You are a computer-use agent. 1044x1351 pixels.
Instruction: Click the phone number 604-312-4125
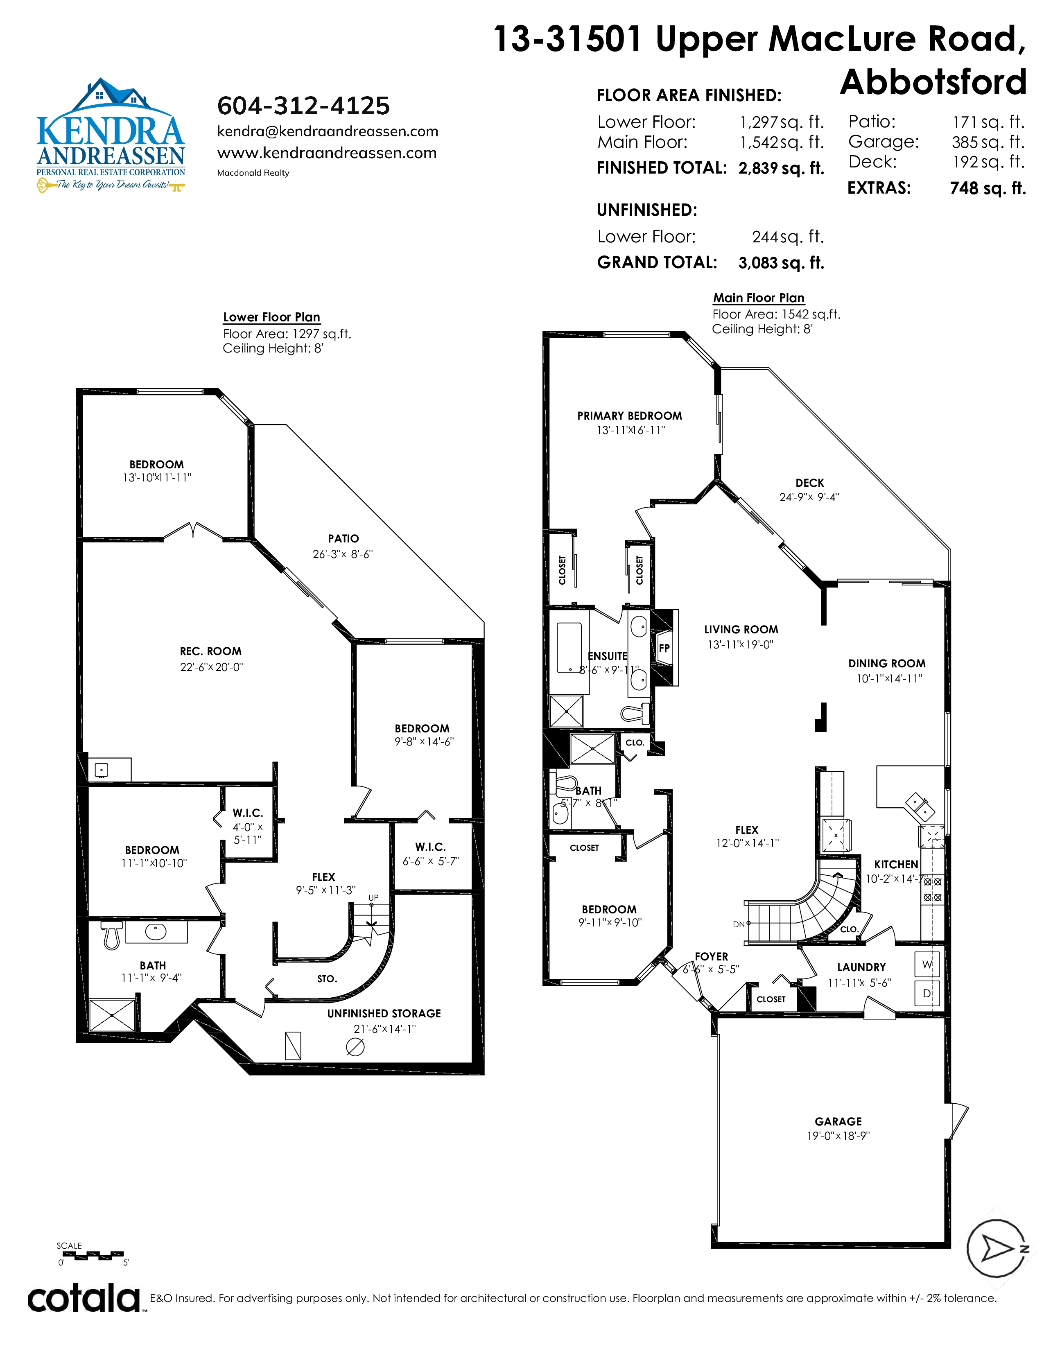[x=303, y=106]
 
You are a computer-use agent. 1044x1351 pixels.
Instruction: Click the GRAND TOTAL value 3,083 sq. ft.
[x=781, y=263]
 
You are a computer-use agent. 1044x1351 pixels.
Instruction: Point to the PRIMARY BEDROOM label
[x=630, y=416]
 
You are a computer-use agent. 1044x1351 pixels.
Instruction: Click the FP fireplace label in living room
[x=664, y=648]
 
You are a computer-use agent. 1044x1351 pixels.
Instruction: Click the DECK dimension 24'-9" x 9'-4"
[x=809, y=497]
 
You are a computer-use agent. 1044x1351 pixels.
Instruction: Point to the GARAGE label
[x=838, y=1121]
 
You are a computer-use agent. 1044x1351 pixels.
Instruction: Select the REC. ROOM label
[x=211, y=651]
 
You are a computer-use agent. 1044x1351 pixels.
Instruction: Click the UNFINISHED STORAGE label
[x=384, y=1013]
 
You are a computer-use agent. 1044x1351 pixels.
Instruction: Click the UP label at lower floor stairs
[x=373, y=897]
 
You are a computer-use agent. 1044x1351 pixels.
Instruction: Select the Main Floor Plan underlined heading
[x=759, y=298]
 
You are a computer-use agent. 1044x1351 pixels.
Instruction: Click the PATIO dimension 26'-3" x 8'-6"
[x=343, y=554]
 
